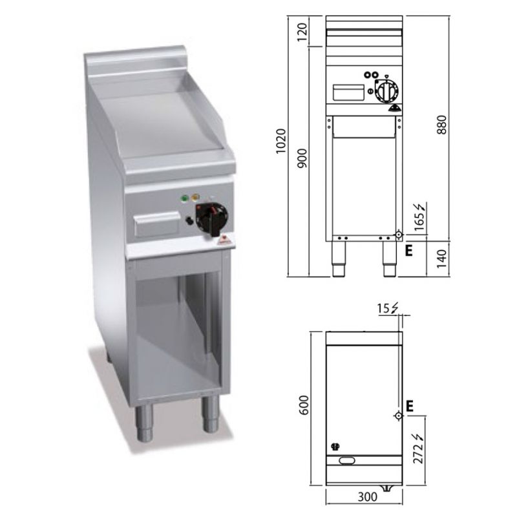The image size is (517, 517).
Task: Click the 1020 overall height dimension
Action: point(281,141)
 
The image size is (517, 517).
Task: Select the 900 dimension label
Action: point(302,158)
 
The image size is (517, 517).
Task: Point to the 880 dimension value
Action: point(441,125)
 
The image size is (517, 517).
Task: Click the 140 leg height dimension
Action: point(441,259)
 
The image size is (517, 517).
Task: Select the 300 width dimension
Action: point(367,496)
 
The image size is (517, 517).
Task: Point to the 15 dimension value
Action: point(383,309)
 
